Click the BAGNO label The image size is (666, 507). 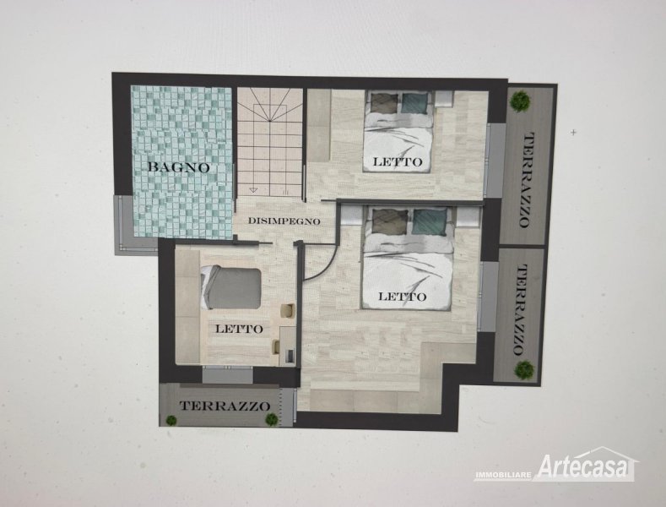click(178, 166)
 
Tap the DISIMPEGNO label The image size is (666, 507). click(284, 221)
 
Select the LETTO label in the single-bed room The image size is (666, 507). click(239, 329)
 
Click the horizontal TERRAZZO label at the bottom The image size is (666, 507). click(225, 406)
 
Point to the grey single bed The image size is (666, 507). click(230, 287)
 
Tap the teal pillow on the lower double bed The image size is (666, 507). click(430, 221)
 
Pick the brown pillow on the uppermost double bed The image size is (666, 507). click(385, 103)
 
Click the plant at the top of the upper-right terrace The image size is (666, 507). click(520, 101)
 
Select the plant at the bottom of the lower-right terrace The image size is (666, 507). click(524, 369)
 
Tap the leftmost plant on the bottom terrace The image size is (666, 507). click(171, 420)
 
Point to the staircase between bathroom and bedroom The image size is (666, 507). click(270, 141)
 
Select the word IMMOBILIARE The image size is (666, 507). click(503, 474)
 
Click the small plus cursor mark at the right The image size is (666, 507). click(574, 133)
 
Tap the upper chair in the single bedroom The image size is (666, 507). click(288, 310)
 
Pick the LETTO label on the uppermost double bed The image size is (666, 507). click(398, 161)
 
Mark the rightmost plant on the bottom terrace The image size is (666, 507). click(272, 419)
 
